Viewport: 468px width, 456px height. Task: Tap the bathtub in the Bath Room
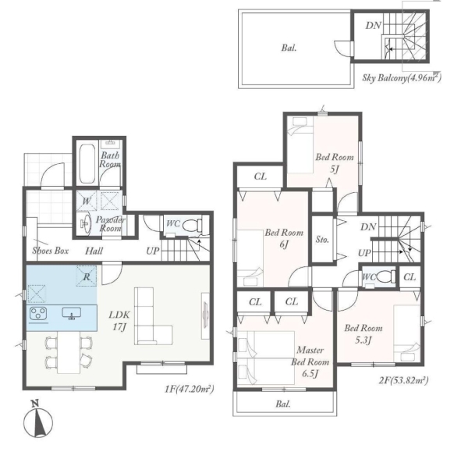coord(87,164)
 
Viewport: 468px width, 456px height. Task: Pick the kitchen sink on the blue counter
coord(71,313)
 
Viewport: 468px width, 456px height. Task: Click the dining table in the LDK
coord(69,353)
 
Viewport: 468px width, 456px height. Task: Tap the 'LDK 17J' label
coord(119,321)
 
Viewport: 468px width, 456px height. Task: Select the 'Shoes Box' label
coord(51,251)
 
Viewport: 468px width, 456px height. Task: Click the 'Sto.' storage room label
coord(322,240)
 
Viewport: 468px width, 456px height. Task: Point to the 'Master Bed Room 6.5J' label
coord(310,362)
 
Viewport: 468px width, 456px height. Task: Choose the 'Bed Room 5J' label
coord(335,163)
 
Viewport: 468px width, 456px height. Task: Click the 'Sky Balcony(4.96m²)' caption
coord(402,78)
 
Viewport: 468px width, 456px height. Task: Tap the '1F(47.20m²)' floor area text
coord(190,389)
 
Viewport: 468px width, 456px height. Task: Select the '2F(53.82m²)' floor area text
coord(404,380)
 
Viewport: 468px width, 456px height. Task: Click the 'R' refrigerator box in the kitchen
coord(87,276)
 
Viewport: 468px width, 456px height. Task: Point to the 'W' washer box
coord(86,201)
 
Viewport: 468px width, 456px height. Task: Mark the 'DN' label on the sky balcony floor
coord(373,26)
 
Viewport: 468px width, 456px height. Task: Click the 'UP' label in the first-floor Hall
coord(153,251)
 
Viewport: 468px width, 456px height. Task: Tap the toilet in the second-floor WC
coord(386,276)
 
